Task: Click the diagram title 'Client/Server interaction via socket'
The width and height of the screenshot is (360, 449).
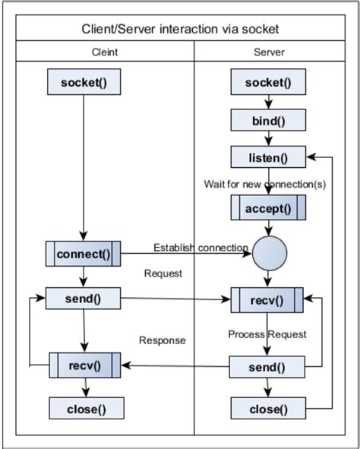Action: point(180,29)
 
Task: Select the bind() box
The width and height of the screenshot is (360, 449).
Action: point(268,120)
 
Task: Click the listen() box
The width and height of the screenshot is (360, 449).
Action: point(268,157)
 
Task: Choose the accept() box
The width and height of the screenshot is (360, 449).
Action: point(268,207)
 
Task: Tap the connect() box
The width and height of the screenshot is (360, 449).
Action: point(84,254)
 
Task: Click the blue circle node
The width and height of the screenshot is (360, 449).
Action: point(268,255)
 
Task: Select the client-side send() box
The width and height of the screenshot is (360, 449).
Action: point(84,298)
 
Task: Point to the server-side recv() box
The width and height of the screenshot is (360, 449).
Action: point(268,300)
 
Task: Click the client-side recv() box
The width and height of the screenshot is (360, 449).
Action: point(84,365)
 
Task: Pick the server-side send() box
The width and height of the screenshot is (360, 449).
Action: point(268,368)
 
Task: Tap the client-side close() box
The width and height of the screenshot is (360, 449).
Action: point(84,409)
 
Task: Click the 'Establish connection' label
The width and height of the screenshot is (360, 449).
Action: point(201,248)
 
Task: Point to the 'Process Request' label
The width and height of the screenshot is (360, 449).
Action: point(267,334)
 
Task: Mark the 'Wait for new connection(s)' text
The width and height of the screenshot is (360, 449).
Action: point(265,183)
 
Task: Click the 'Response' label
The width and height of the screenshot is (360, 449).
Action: point(162,340)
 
